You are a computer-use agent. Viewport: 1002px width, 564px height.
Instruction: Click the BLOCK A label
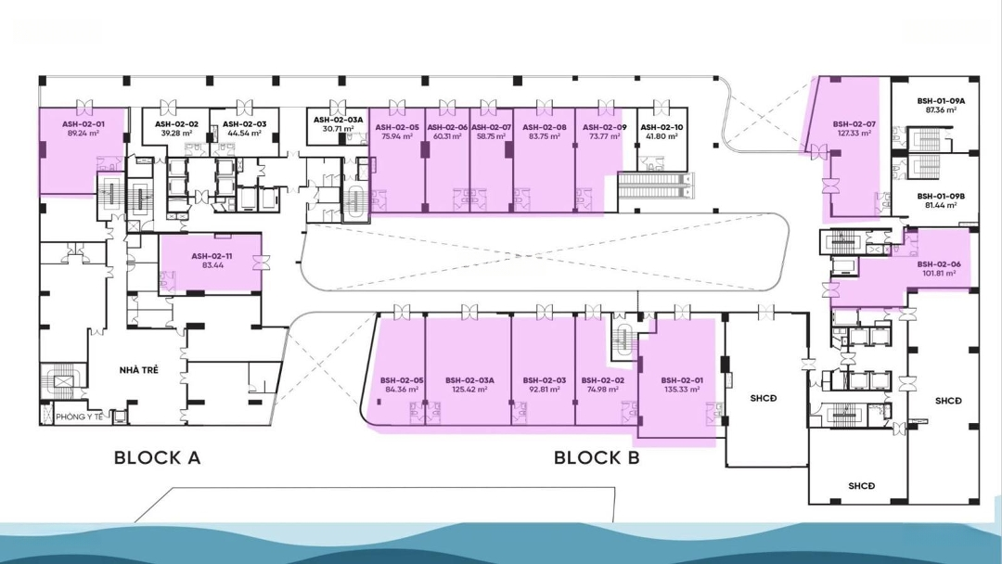pyautogui.click(x=157, y=457)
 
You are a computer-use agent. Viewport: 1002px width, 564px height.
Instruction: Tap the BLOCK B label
pyautogui.click(x=597, y=457)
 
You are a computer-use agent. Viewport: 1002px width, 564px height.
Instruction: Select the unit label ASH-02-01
pyautogui.click(x=83, y=124)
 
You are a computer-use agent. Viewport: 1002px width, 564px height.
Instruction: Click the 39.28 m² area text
pyautogui.click(x=176, y=134)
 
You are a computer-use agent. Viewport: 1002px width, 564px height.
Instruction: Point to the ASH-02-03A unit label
pyautogui.click(x=338, y=120)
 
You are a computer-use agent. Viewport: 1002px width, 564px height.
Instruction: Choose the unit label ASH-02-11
pyautogui.click(x=212, y=256)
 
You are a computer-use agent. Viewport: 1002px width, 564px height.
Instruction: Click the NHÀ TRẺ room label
pyautogui.click(x=138, y=370)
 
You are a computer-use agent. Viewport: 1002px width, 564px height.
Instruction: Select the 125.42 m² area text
pyautogui.click(x=469, y=389)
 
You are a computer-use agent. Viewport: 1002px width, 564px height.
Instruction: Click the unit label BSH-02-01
pyautogui.click(x=682, y=380)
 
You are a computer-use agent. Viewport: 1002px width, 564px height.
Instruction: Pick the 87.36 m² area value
pyautogui.click(x=941, y=109)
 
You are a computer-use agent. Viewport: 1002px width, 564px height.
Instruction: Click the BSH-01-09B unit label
pyautogui.click(x=941, y=196)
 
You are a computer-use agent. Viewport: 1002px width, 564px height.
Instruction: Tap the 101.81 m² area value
pyautogui.click(x=939, y=273)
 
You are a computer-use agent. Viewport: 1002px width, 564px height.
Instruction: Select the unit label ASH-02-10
pyautogui.click(x=662, y=127)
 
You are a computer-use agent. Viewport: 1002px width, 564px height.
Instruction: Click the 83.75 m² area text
pyautogui.click(x=545, y=136)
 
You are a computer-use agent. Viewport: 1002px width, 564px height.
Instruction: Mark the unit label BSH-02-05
pyautogui.click(x=402, y=380)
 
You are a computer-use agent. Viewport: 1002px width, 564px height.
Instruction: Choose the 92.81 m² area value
pyautogui.click(x=545, y=389)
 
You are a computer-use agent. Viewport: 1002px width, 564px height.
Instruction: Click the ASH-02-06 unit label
pyautogui.click(x=447, y=127)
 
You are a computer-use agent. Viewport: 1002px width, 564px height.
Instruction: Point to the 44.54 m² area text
pyautogui.click(x=245, y=134)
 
